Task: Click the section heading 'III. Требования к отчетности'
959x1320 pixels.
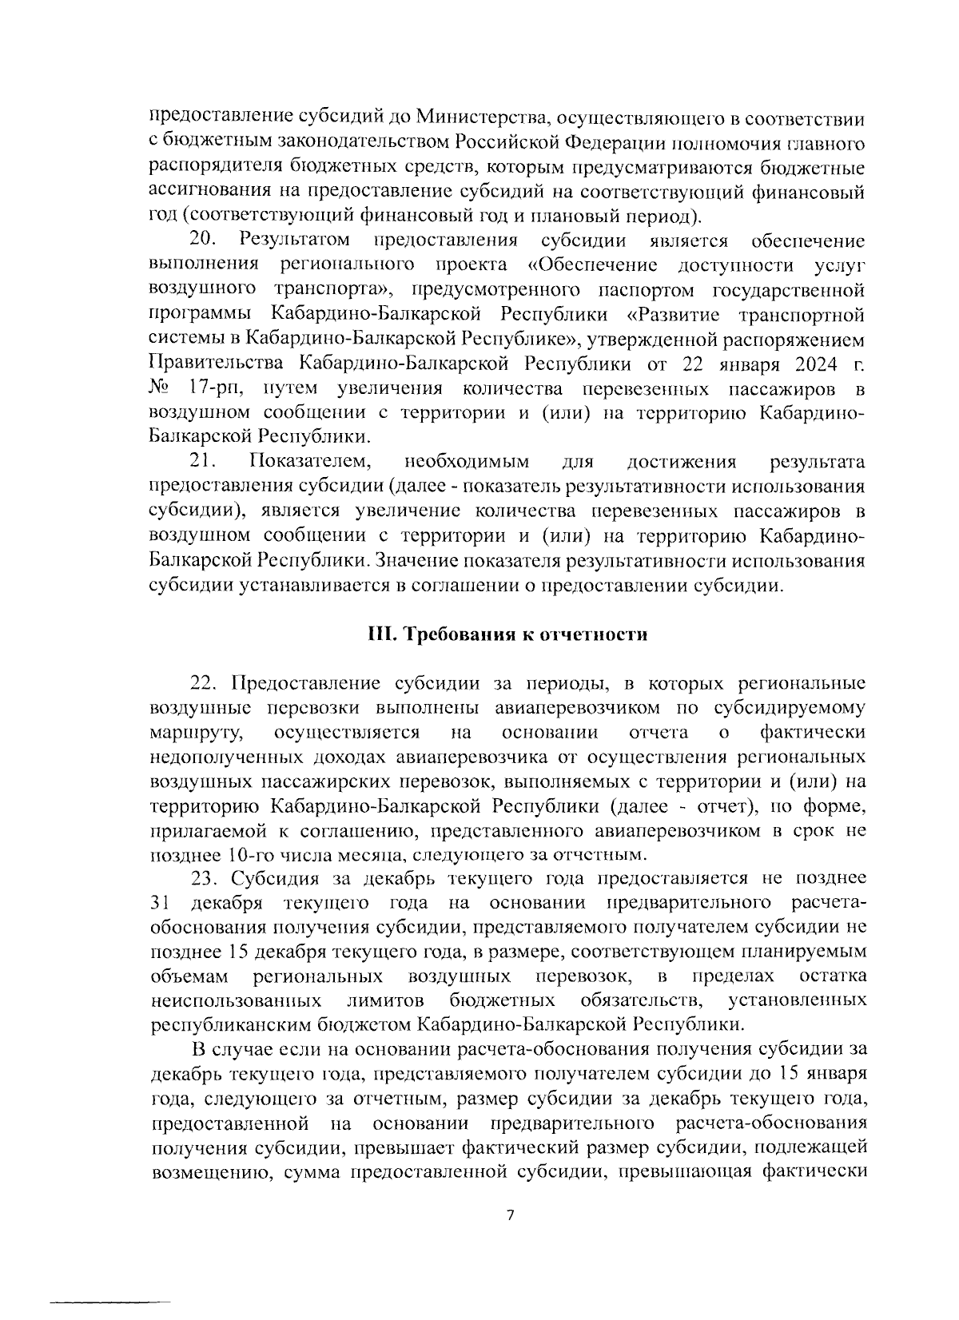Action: (x=507, y=634)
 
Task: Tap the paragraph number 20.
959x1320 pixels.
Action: (x=204, y=241)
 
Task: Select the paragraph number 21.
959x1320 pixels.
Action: (x=204, y=462)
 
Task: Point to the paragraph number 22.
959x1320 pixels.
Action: (x=205, y=684)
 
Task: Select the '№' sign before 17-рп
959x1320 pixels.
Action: (x=161, y=388)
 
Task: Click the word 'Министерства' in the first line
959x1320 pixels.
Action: (x=480, y=119)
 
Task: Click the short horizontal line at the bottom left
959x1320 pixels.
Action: (x=111, y=1302)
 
